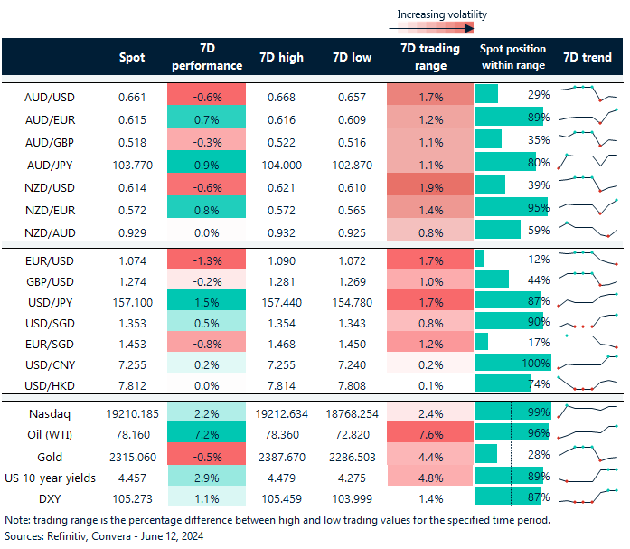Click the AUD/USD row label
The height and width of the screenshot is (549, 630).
coord(50,95)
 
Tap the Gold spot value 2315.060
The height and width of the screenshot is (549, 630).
coord(132,453)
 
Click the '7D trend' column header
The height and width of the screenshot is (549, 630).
coord(587,57)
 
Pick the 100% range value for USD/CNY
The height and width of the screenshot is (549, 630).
coord(535,363)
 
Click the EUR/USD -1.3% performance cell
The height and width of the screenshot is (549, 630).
coord(207,260)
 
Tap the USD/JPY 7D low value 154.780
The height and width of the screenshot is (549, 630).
coord(350,300)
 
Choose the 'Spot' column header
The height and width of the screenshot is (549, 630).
coord(132,57)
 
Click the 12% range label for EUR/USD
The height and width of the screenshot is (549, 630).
coord(540,260)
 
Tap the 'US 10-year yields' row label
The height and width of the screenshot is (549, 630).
coord(50,476)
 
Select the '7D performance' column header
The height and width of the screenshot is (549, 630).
coord(207,57)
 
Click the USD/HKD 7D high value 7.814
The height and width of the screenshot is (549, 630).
coord(279,385)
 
